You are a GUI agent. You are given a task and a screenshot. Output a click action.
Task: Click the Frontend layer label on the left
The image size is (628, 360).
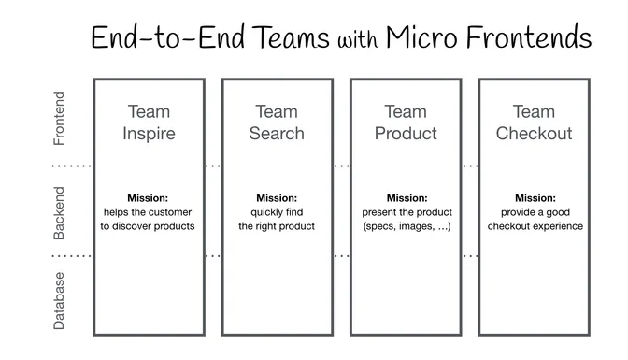[x=60, y=119]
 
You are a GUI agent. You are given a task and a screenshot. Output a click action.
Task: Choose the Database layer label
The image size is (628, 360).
[x=60, y=300]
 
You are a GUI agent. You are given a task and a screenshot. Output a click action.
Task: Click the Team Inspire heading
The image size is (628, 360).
[x=149, y=122]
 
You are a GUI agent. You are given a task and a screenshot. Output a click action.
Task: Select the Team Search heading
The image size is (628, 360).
[x=277, y=122]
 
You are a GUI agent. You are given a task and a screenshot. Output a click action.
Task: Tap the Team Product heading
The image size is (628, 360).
[x=406, y=122]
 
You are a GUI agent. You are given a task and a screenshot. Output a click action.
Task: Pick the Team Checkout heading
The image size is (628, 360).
[x=534, y=122]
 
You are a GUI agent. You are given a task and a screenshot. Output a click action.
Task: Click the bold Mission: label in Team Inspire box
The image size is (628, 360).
[x=149, y=198]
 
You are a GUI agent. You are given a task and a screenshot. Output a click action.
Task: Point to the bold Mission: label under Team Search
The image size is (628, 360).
[x=277, y=198]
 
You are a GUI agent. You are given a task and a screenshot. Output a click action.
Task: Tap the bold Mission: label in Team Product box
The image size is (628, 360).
[x=406, y=198]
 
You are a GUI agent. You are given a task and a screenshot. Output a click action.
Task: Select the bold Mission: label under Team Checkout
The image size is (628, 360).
[x=534, y=198]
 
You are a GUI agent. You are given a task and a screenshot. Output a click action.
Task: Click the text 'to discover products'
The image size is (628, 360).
[x=149, y=226]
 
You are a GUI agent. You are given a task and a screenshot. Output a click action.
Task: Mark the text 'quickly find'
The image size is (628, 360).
[x=277, y=212]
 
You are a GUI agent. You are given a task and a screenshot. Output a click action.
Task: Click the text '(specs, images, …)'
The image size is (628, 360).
[x=406, y=226]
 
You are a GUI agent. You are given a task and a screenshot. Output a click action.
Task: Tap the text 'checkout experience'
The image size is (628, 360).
[x=534, y=226]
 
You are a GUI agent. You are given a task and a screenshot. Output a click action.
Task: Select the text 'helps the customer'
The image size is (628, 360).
[x=149, y=212]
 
